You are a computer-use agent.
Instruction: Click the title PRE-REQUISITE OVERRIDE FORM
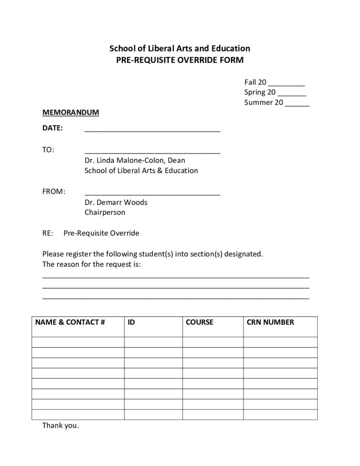pos(180,60)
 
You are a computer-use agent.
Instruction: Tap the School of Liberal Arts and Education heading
pos(180,48)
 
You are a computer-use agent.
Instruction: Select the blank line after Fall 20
pos(286,84)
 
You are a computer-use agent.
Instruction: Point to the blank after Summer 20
pos(297,104)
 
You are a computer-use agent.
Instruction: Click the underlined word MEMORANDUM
pos(71,112)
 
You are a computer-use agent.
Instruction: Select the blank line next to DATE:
pos(152,130)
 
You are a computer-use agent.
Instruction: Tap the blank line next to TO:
pos(152,151)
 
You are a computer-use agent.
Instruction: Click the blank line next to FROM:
pos(152,193)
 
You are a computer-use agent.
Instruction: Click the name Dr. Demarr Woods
pos(116,203)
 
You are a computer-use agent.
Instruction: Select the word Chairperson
pos(105,213)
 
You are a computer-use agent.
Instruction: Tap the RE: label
pos(48,233)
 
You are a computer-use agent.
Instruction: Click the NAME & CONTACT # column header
pos(70,323)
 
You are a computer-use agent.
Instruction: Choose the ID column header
pos(131,323)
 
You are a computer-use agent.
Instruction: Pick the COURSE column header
pos(199,323)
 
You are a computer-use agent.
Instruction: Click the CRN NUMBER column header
pos(270,323)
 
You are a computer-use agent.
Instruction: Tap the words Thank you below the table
pos(61,426)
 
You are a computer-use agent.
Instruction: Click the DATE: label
pos(52,128)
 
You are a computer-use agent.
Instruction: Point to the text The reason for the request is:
pos(91,264)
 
